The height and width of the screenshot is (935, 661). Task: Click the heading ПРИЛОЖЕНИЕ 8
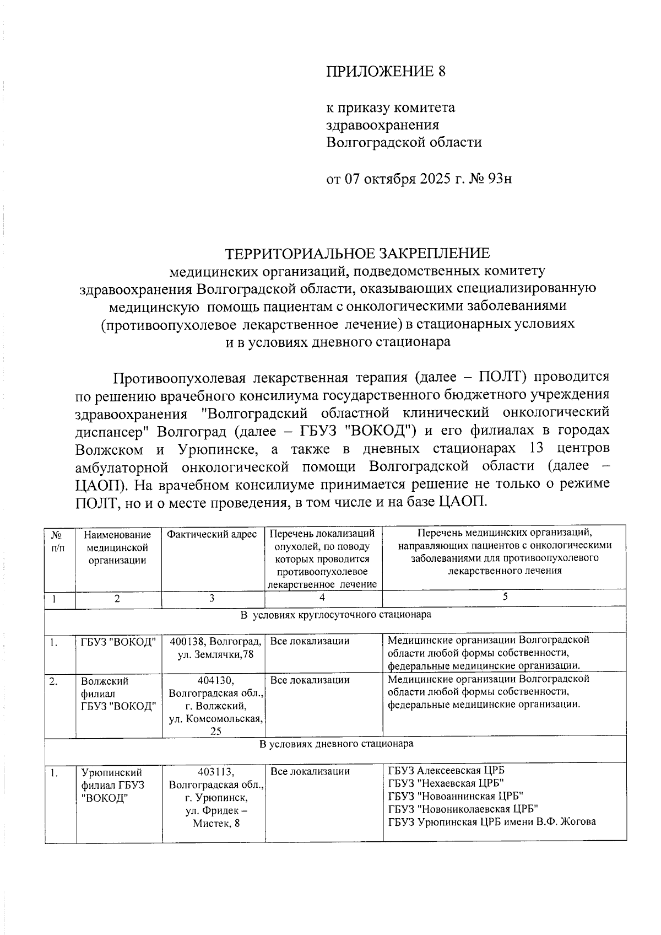385,72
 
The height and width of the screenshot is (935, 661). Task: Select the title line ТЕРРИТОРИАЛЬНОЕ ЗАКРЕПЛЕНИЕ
357,254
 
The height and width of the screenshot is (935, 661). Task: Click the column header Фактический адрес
212,535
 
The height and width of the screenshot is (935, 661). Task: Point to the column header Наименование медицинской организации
117,547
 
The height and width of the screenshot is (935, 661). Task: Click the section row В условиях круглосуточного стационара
335,614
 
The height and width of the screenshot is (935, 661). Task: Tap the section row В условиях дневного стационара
335,744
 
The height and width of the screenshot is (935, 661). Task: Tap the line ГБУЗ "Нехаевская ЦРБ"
446,783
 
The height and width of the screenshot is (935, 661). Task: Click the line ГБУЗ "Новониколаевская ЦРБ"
463,809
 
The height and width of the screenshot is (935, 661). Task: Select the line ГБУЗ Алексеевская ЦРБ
446,771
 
